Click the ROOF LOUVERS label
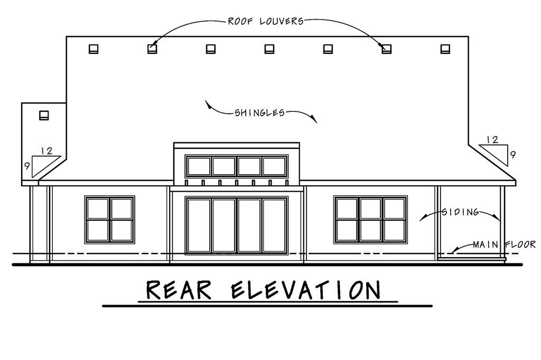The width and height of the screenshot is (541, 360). pos(266,22)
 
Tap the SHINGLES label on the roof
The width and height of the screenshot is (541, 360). pos(259,113)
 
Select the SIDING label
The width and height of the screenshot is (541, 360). pos(460,212)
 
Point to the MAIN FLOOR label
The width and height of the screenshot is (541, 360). pos(504,244)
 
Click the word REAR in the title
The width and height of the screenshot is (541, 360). pos(179,290)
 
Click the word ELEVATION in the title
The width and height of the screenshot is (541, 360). pos(306,290)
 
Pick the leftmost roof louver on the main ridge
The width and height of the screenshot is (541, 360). pos(94,49)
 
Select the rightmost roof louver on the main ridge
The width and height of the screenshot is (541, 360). pos(445,49)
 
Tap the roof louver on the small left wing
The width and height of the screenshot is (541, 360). pos(44,115)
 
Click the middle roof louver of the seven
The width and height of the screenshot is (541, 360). pos(269,49)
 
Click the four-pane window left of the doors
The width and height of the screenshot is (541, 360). pos(110,220)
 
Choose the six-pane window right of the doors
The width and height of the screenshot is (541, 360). pos(370,220)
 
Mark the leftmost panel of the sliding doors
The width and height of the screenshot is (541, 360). pos(199,225)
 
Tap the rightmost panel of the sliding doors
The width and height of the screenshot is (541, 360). pos(274,225)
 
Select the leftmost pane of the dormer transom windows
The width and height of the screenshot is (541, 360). pos(199,166)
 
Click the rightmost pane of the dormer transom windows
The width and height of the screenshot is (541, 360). pos(274,166)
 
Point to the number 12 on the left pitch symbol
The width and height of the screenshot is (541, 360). pos(46,150)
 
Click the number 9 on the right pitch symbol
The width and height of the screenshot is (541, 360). pos(513,155)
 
